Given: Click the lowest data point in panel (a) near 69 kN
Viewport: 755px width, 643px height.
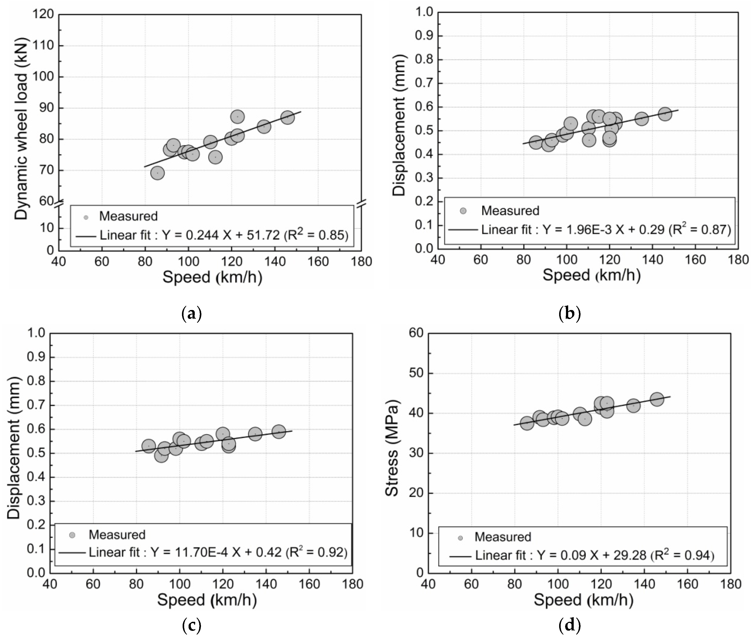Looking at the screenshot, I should pos(157,173).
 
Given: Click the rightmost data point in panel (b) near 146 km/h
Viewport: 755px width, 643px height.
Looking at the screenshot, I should pos(665,114).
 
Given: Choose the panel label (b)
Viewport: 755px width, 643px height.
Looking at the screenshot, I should pos(569,314).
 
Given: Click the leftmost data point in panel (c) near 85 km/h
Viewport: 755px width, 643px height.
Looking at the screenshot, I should pos(149,446).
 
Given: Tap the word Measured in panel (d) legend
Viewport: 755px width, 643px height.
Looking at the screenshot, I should pos(503,537).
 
